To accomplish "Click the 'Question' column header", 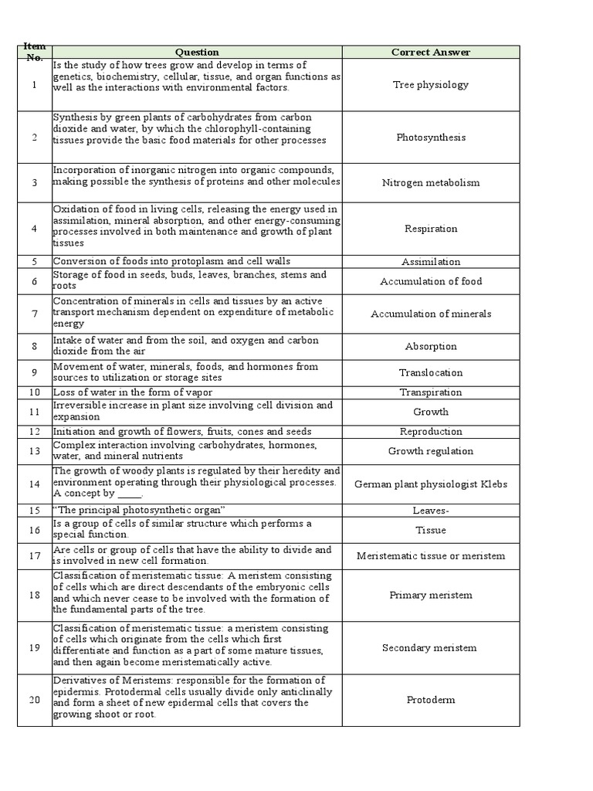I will click(197, 53).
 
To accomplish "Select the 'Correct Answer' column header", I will click(430, 53).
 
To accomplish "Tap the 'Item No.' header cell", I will click(34, 53).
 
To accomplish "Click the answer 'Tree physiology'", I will click(430, 85).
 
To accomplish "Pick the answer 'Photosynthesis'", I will click(430, 137).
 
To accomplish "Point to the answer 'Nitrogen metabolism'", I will click(430, 183).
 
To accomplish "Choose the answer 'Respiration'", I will click(430, 229).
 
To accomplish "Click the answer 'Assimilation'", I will click(430, 262).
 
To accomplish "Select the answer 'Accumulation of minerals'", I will click(430, 314).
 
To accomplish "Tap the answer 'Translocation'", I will click(430, 372).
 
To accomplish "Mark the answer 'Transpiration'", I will click(430, 392).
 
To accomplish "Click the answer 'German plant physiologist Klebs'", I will click(430, 484).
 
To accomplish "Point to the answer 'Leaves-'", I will click(430, 511).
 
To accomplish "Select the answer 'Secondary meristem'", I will click(430, 648).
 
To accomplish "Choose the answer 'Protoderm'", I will click(430, 700).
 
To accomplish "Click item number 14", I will click(34, 484).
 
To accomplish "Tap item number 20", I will click(34, 700).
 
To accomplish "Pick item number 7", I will click(34, 314).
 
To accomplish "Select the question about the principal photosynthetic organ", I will click(139, 511).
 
